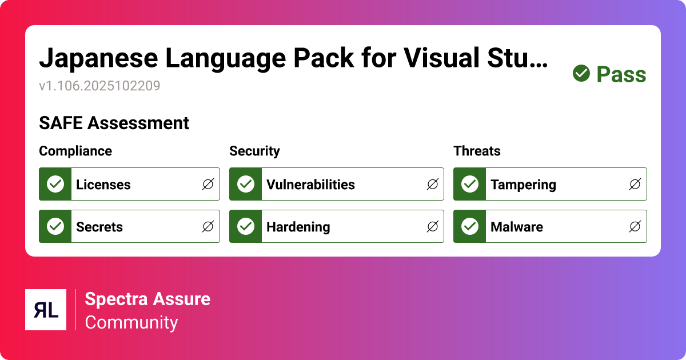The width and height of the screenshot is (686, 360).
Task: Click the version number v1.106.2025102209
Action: point(99,86)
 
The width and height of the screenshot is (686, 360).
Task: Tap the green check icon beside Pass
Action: point(581,74)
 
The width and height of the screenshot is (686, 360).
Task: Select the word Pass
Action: point(621,74)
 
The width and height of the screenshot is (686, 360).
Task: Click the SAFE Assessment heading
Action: point(114,123)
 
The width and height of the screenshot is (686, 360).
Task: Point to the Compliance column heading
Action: point(75,151)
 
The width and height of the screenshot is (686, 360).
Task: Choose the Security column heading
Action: point(254,151)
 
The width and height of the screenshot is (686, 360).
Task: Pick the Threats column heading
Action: point(477,151)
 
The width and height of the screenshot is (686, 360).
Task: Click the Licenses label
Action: point(103,185)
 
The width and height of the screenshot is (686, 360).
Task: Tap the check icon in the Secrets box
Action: point(55,226)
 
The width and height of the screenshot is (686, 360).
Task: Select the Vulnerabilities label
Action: point(310,185)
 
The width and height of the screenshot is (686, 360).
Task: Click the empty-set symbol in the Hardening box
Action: point(433,227)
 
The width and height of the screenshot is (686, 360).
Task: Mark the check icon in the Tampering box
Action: point(470,184)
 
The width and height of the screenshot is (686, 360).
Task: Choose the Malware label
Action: point(516,227)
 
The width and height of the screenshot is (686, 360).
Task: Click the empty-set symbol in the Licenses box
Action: point(208,185)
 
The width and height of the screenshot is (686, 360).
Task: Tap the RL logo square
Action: point(46,310)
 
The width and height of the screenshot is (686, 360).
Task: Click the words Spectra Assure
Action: point(147,299)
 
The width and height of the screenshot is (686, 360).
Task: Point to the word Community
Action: point(131,322)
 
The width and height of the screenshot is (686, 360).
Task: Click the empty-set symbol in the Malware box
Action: point(635,227)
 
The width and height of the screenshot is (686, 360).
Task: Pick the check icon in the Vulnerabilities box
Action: point(246,184)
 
